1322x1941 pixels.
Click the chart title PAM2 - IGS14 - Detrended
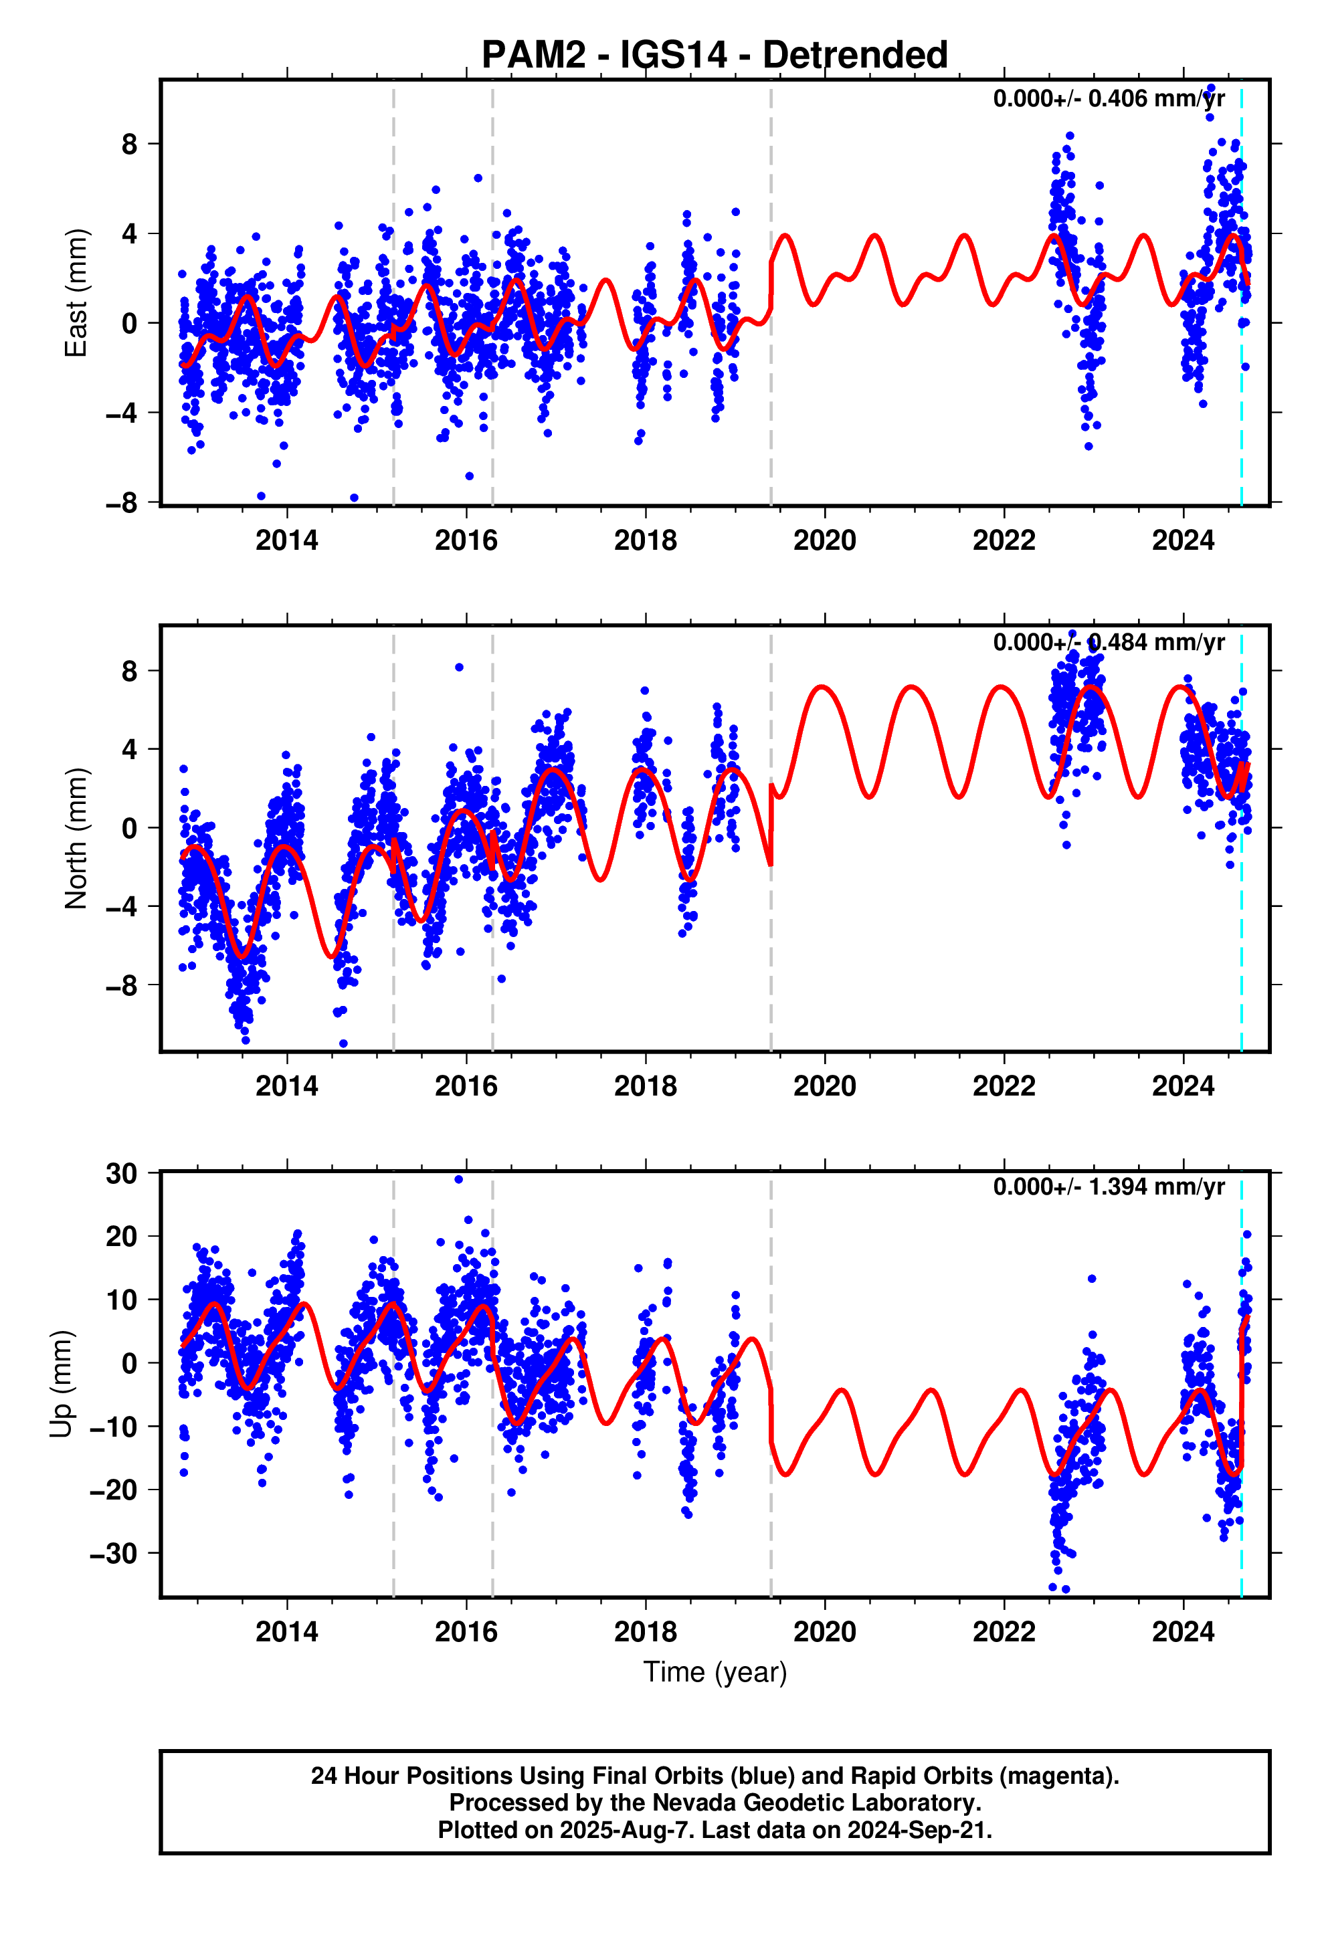pos(715,55)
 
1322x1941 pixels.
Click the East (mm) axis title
pos(76,292)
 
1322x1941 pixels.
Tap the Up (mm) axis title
pos(61,1383)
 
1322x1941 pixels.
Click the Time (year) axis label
pos(715,1672)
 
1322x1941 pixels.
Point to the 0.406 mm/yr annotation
pos(1108,98)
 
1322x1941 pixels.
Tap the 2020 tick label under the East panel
pos(824,541)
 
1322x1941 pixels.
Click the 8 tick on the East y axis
pos(128,144)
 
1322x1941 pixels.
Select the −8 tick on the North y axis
pos(121,985)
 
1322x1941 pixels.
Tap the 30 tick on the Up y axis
pos(121,1173)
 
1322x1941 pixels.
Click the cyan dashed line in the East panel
pos(1241,376)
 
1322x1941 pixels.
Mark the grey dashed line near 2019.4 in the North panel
pos(771,960)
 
